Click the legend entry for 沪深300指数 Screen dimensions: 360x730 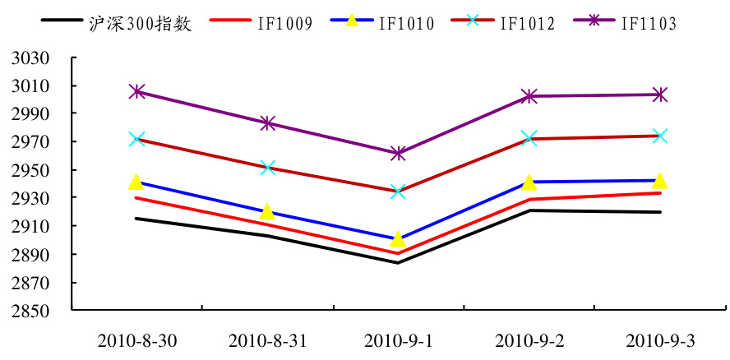coord(140,23)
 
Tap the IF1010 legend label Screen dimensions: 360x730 coord(407,23)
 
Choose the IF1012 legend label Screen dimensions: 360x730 coord(528,23)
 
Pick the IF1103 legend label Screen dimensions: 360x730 coord(649,23)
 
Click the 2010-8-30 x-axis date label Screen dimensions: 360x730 coord(136,340)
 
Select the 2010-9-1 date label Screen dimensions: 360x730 coord(398,340)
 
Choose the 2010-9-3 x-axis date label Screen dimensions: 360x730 coord(659,340)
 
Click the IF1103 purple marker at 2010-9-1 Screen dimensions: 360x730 coord(398,153)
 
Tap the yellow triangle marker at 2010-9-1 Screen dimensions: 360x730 coord(398,239)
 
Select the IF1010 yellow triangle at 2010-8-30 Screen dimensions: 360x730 coord(136,182)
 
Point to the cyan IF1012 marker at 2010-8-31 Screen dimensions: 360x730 coord(267,168)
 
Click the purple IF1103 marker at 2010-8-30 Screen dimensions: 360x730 coord(136,91)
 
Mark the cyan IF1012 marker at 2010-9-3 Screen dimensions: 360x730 coord(659,136)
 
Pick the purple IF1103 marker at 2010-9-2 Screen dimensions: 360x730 coord(529,96)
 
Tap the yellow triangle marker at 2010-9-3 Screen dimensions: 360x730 coord(659,181)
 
